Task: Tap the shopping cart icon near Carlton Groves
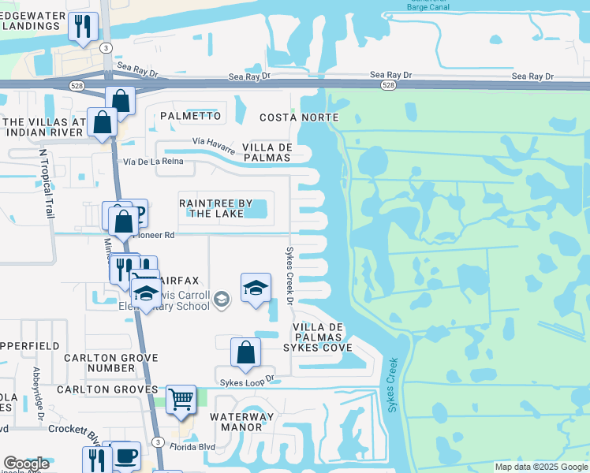point(181,400)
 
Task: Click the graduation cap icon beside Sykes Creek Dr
point(256,289)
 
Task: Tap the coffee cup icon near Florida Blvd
point(126,456)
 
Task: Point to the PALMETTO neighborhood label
point(190,116)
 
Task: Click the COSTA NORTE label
point(299,117)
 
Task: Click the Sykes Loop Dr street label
point(247,378)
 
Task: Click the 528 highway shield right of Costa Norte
point(388,85)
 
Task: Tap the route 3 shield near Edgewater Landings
point(105,47)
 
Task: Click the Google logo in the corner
point(26,464)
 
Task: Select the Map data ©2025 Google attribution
point(541,467)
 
